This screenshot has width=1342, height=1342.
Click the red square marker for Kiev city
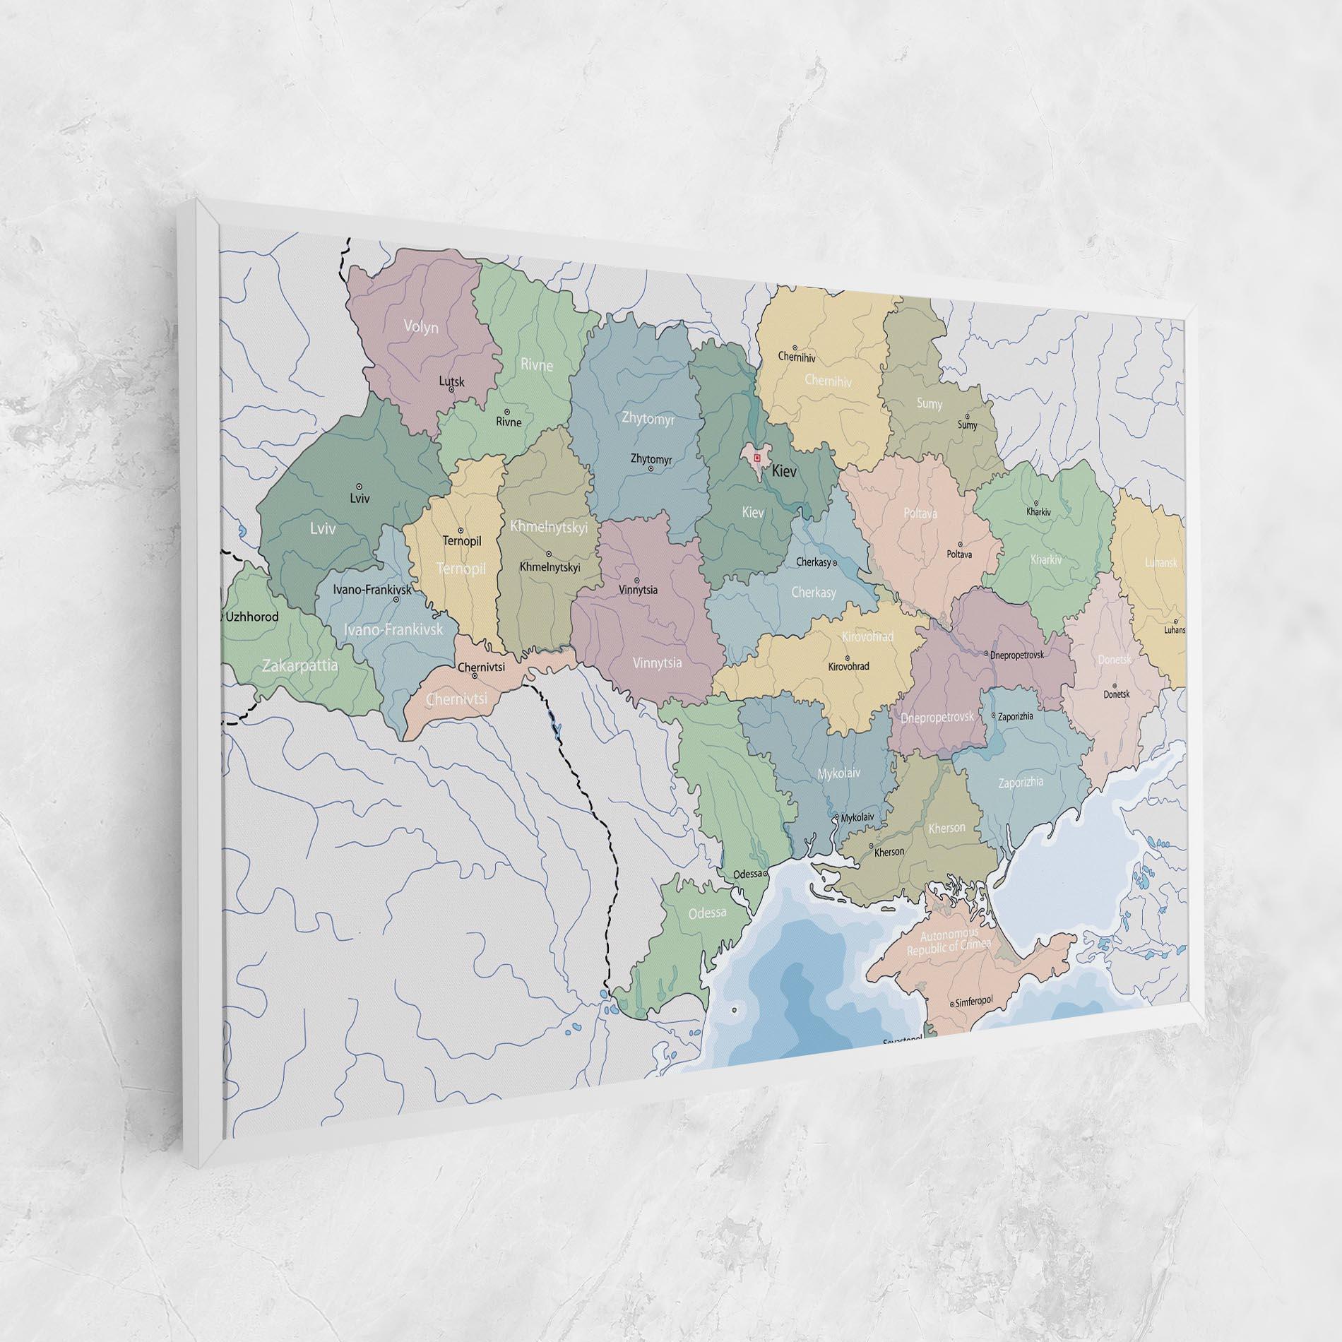click(x=756, y=458)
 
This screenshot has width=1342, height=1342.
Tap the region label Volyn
click(x=421, y=327)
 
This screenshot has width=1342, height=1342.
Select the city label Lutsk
click(x=452, y=381)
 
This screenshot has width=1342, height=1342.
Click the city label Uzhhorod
click(x=251, y=617)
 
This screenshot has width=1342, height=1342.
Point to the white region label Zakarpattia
click(x=300, y=665)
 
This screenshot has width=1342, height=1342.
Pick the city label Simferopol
click(x=974, y=1002)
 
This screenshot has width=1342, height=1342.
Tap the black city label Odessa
click(x=748, y=874)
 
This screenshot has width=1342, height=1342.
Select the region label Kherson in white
click(x=946, y=827)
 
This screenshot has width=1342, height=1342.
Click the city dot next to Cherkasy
click(x=835, y=564)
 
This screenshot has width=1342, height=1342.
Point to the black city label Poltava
click(x=959, y=554)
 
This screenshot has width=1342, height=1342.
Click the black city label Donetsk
click(x=1117, y=694)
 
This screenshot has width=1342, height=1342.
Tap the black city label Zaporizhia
click(x=1015, y=716)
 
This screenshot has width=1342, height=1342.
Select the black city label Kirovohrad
click(x=848, y=666)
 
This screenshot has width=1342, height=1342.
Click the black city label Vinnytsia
click(x=638, y=590)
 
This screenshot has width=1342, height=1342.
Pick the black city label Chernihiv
click(x=797, y=357)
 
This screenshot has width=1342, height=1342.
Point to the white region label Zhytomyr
click(x=648, y=419)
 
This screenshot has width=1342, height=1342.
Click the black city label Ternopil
click(x=462, y=541)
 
